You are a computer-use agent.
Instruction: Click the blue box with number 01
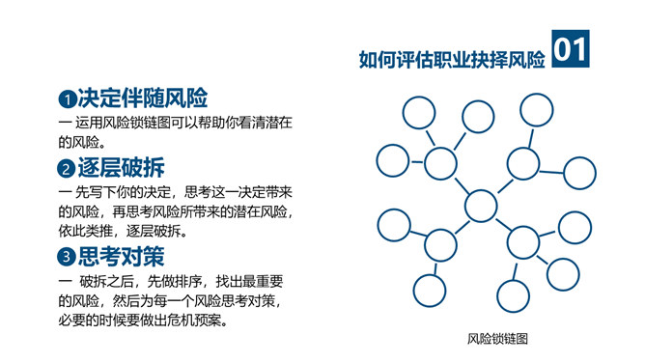570,48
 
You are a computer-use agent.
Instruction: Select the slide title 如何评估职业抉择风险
452,60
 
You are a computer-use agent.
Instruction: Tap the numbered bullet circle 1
67,99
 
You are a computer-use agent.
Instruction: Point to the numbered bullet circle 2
67,169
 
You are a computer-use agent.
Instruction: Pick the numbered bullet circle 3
67,257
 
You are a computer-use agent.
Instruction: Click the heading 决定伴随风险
143,98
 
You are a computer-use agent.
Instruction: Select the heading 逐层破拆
122,167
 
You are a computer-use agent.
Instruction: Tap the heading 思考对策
122,256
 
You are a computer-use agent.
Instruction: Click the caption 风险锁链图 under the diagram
497,339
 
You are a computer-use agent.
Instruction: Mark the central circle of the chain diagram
481,206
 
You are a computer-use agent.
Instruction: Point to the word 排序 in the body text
188,282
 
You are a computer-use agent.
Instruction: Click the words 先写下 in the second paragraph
96,192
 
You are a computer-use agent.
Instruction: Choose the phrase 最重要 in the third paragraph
263,282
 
